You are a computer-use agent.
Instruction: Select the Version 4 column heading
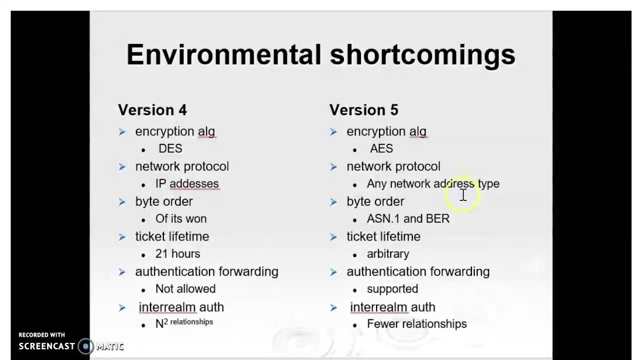152,110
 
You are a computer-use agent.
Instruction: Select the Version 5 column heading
363,110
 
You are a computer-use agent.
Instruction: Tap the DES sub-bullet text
170,149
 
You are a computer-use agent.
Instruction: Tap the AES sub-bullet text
381,149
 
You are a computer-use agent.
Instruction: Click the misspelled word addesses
194,184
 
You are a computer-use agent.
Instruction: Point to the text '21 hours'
177,254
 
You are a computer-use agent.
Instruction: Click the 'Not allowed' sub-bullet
185,289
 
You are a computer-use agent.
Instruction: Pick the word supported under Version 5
392,289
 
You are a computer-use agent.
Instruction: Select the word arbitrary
388,254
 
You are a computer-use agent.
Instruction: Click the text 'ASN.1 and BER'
408,219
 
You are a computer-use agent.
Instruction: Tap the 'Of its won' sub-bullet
180,219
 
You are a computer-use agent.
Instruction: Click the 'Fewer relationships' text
416,324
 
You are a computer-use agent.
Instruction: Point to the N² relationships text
184,323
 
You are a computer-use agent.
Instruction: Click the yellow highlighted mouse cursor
463,195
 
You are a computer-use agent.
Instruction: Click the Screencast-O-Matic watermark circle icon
86,346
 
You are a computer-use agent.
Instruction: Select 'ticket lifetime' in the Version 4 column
172,236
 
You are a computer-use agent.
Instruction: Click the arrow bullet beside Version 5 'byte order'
333,202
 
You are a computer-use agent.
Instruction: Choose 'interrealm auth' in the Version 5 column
392,307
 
